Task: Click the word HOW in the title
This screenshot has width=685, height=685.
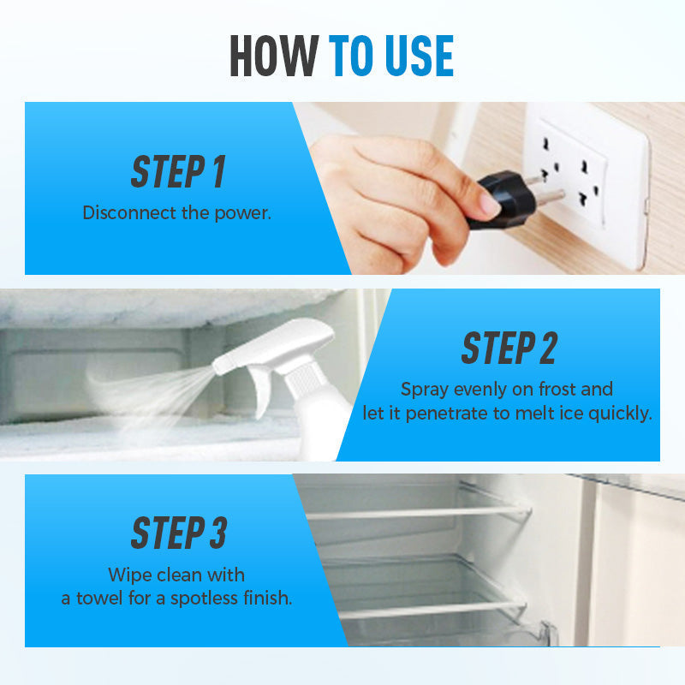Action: (274, 56)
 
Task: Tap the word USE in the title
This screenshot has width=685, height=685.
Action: (420, 56)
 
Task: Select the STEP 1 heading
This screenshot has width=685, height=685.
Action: (178, 171)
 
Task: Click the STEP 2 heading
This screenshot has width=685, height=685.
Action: (509, 348)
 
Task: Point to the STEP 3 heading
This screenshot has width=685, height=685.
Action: (179, 533)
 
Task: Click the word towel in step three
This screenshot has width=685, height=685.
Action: (99, 598)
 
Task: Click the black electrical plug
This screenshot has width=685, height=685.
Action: (507, 199)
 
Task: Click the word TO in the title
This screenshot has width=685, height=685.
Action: (350, 56)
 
